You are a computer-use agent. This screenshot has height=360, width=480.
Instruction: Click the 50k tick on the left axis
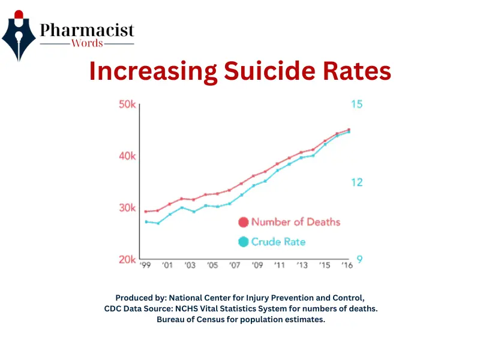pyautogui.click(x=127, y=104)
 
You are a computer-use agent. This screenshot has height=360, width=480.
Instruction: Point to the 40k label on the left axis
pyautogui.click(x=127, y=156)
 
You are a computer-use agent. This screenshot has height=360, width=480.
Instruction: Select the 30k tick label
pyautogui.click(x=127, y=208)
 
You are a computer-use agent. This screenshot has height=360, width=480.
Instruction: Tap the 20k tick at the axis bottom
pyautogui.click(x=127, y=259)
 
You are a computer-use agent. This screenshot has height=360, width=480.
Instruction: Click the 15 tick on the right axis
pyautogui.click(x=356, y=104)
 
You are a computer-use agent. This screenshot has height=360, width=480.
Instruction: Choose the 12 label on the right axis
pyautogui.click(x=356, y=182)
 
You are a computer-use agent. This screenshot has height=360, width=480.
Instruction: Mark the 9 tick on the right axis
pyautogui.click(x=359, y=259)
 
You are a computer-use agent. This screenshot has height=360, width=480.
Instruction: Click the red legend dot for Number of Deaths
pyautogui.click(x=243, y=222)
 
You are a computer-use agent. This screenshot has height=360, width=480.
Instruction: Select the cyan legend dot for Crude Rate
pyautogui.click(x=243, y=242)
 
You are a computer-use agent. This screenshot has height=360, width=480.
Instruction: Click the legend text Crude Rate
pyautogui.click(x=278, y=242)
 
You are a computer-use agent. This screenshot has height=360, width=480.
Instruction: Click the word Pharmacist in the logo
pyautogui.click(x=87, y=31)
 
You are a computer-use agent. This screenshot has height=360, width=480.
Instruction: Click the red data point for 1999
pyautogui.click(x=146, y=212)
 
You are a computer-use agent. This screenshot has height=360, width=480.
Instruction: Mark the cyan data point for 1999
pyautogui.click(x=146, y=222)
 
